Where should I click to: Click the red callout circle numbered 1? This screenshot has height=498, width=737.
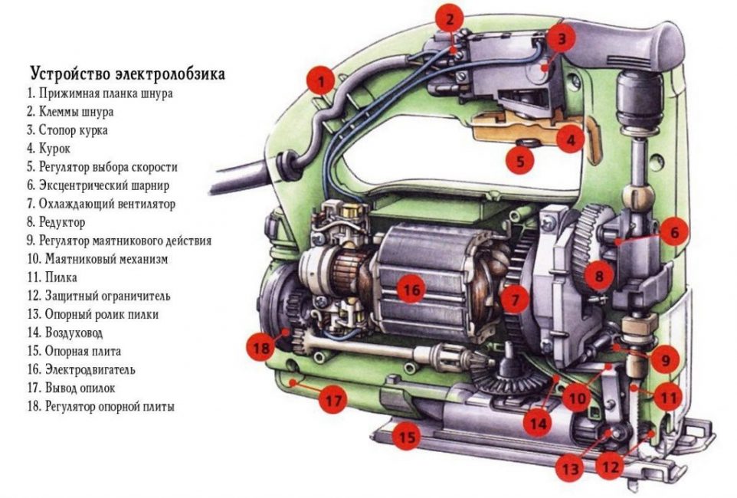[320, 80]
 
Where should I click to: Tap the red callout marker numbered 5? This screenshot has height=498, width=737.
[520, 161]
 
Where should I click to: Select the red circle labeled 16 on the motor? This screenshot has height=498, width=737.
[411, 290]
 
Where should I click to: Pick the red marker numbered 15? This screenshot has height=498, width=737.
[408, 437]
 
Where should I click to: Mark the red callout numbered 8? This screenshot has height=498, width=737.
[598, 273]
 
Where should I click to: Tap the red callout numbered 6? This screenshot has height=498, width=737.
[674, 231]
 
